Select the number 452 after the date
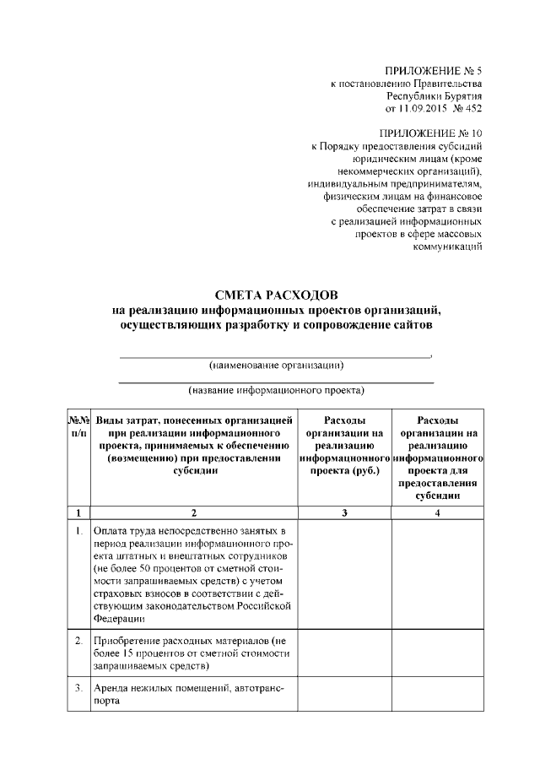click(x=472, y=109)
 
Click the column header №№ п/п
click(x=78, y=426)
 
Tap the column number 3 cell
click(x=344, y=512)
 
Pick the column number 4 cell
click(x=437, y=512)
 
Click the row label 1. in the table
click(x=78, y=531)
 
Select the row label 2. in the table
click(x=78, y=641)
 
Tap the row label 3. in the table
click(x=78, y=687)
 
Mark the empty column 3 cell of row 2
click(x=344, y=653)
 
